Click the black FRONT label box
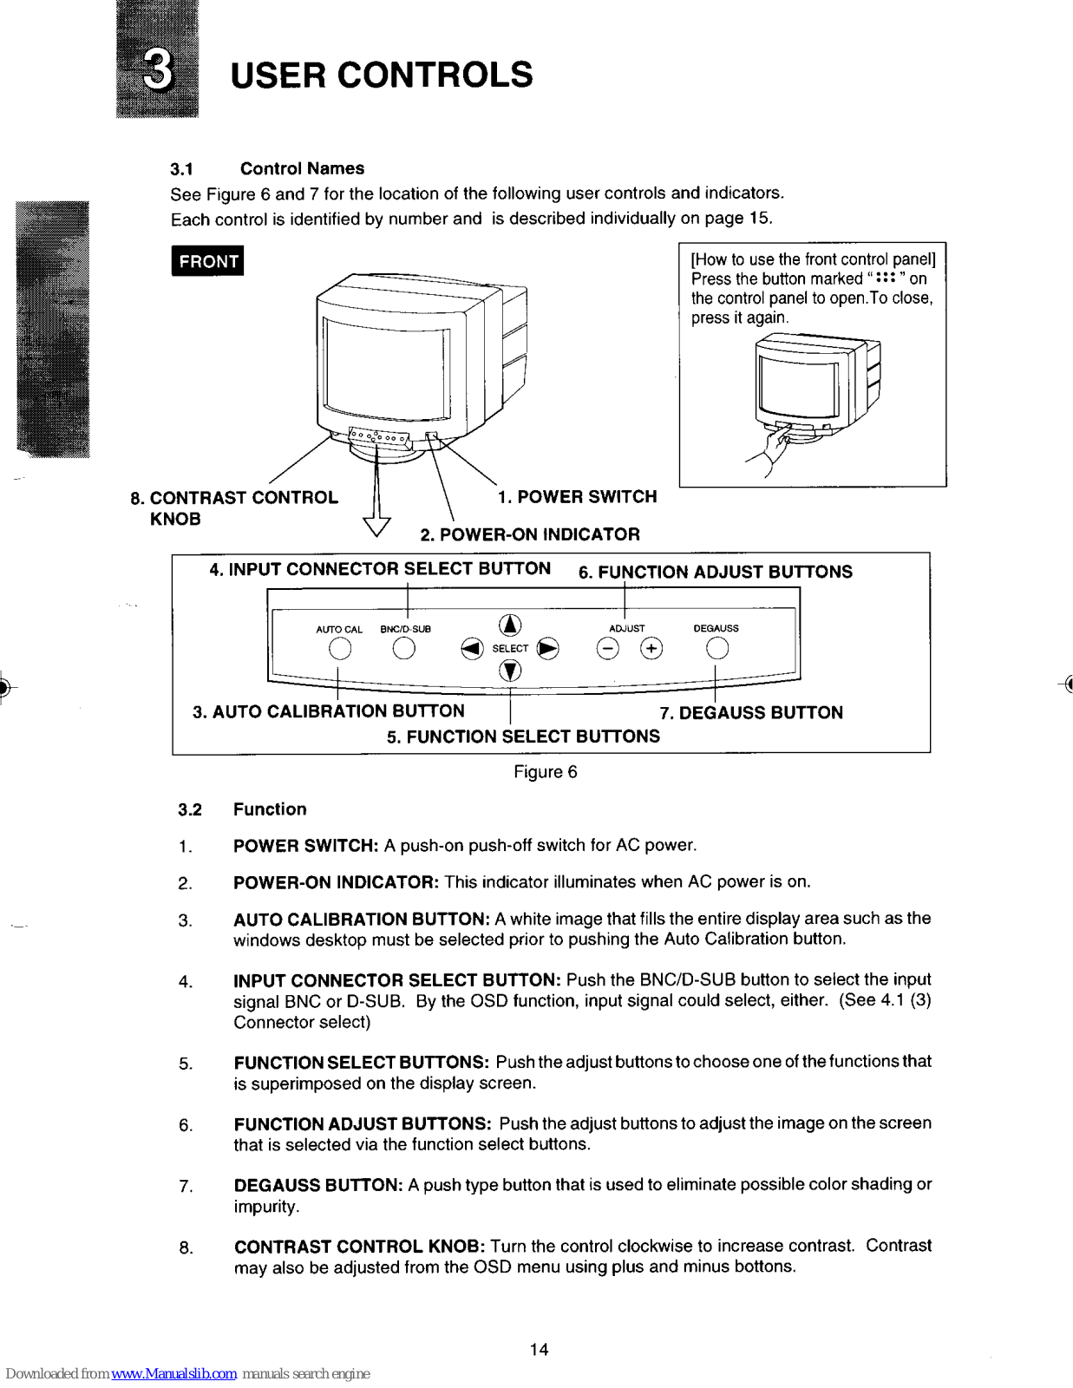pyautogui.click(x=207, y=261)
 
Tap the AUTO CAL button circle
pyautogui.click(x=340, y=649)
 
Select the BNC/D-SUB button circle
pyautogui.click(x=403, y=649)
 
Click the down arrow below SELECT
pyautogui.click(x=510, y=671)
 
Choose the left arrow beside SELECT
pyautogui.click(x=472, y=649)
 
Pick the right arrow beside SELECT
pyautogui.click(x=548, y=649)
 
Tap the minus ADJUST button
pyautogui.click(x=608, y=649)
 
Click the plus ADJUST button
pyautogui.click(x=651, y=649)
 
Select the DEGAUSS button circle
pyautogui.click(x=716, y=649)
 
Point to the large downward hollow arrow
pyautogui.click(x=376, y=524)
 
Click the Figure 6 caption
pyautogui.click(x=545, y=772)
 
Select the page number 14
pyautogui.click(x=539, y=1350)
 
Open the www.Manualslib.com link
pyautogui.click(x=173, y=1374)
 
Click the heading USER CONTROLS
pyautogui.click(x=382, y=75)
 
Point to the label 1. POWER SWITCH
pyautogui.click(x=577, y=497)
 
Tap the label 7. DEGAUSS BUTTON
pyautogui.click(x=751, y=713)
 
